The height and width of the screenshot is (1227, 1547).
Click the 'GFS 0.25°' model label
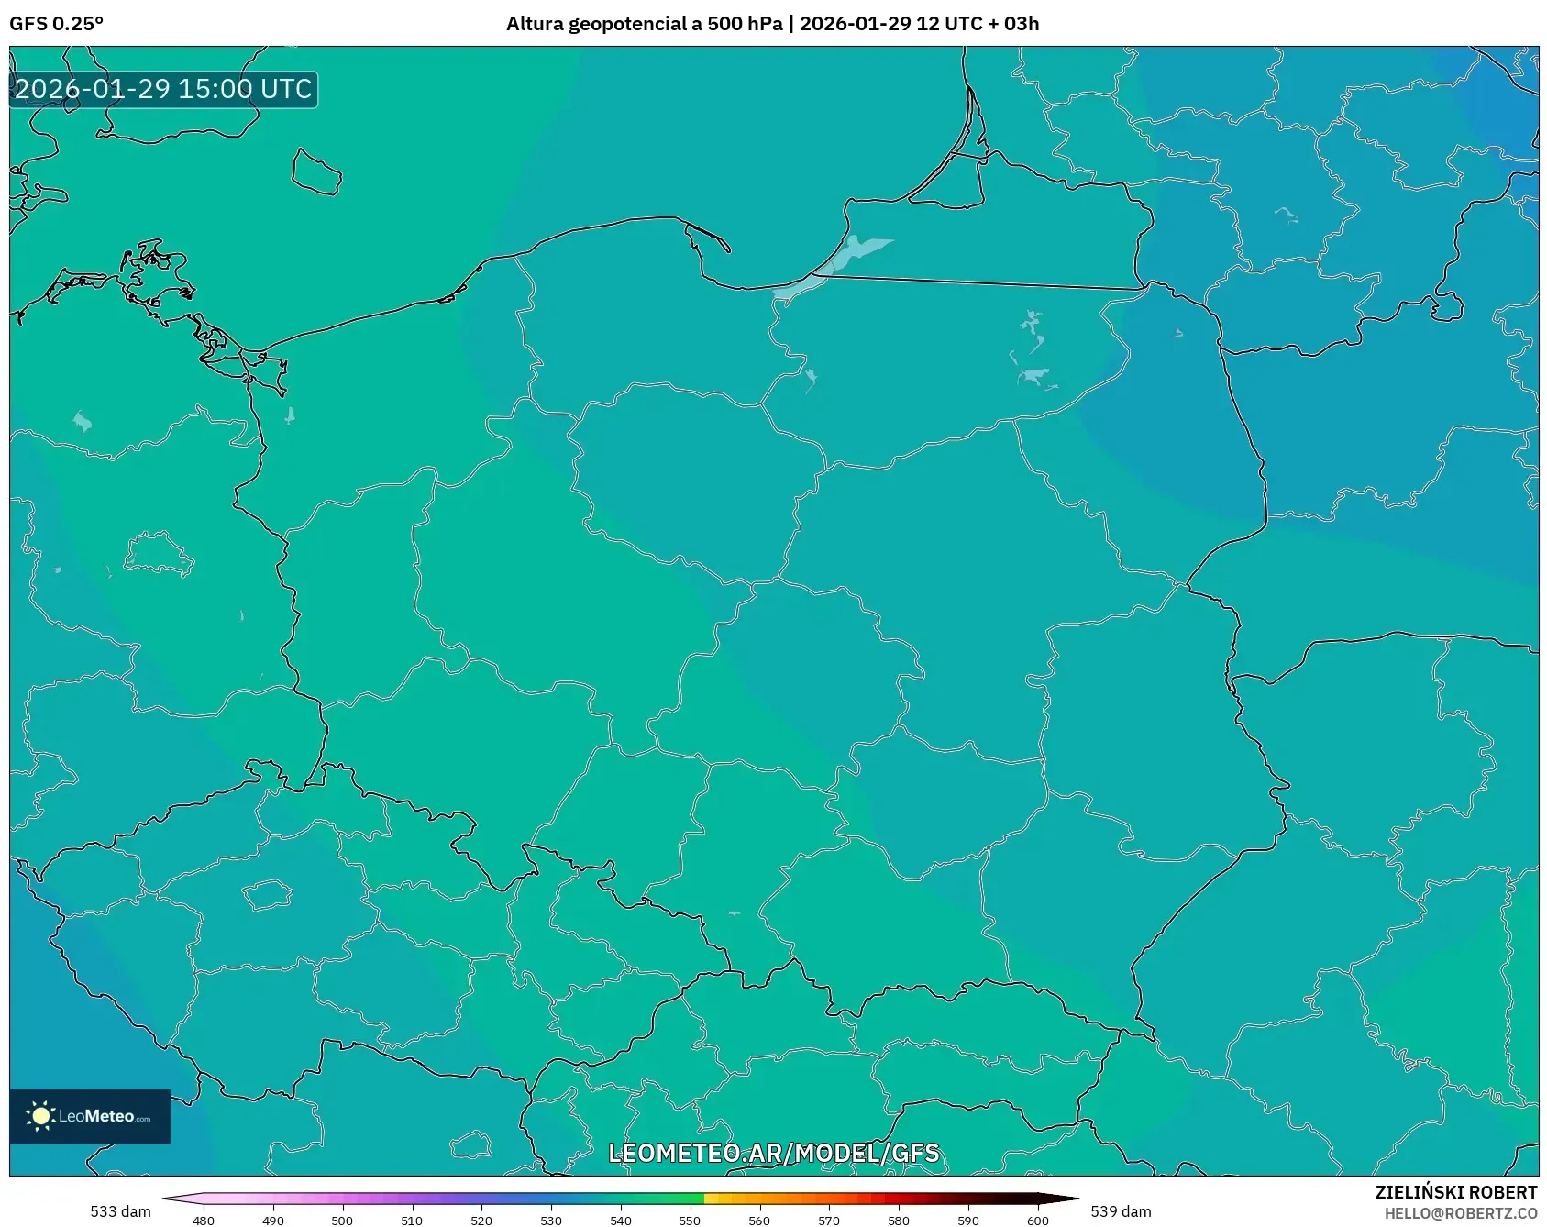[56, 24]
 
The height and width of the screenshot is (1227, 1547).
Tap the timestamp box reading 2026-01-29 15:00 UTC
[163, 89]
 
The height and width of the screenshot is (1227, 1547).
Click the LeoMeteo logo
[90, 1116]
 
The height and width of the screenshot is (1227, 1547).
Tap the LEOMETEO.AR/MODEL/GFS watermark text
[774, 1153]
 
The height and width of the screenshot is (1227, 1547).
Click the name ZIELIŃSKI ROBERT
[1455, 1192]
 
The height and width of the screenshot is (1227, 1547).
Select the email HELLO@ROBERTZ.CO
[1460, 1213]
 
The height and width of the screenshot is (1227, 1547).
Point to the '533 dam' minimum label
[120, 1211]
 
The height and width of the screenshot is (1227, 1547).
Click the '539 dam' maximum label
[1121, 1211]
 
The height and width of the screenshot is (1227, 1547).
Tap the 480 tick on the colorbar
[204, 1221]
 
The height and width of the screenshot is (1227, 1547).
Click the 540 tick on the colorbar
[621, 1221]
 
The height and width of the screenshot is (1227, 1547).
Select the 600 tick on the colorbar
[1037, 1221]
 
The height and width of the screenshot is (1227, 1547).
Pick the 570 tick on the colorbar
[829, 1221]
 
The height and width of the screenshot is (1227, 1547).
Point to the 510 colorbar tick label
[412, 1221]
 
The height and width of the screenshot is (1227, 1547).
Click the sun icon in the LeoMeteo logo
[40, 1116]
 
